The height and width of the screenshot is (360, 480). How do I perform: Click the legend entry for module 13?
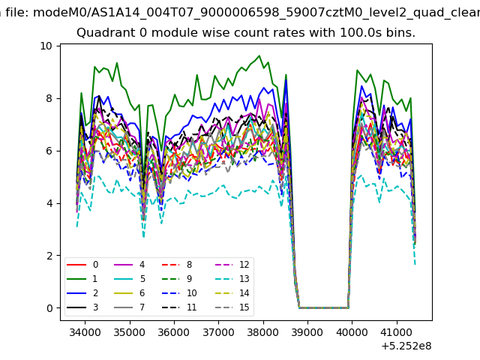[x=233, y=279]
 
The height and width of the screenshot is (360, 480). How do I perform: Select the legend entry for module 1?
[x=82, y=279]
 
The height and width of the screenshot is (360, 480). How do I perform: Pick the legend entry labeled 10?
[x=179, y=293]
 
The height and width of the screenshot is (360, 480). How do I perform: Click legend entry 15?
[x=233, y=307]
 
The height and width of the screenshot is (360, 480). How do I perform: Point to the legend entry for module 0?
[x=82, y=265]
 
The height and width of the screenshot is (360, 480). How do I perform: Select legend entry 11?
[x=179, y=307]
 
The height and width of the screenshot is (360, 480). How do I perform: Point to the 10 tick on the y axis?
[x=46, y=46]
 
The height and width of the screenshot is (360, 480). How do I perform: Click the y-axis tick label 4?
[x=49, y=203]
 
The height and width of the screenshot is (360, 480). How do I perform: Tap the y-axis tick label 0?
[x=49, y=308]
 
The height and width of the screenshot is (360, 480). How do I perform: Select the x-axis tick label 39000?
[x=307, y=332]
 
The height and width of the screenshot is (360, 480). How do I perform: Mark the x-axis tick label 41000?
[x=397, y=332]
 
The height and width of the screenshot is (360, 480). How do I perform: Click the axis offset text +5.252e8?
[x=406, y=346]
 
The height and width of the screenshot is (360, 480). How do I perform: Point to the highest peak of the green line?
[x=259, y=55]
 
